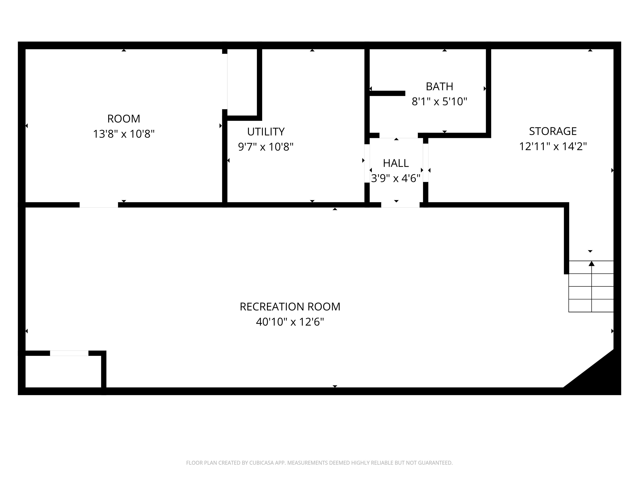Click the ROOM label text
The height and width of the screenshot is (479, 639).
click(x=124, y=119)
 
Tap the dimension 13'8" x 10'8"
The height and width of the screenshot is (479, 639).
click(x=124, y=134)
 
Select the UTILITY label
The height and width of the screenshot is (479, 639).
click(x=266, y=132)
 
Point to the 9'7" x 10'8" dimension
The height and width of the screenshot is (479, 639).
click(x=266, y=147)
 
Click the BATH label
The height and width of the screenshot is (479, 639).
click(x=439, y=86)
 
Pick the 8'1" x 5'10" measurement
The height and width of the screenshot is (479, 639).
click(x=439, y=102)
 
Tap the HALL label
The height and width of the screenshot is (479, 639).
click(x=396, y=163)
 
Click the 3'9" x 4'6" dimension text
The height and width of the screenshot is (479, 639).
click(x=396, y=178)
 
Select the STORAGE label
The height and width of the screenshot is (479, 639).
click(x=553, y=131)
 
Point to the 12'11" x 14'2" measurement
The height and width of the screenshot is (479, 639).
click(x=553, y=146)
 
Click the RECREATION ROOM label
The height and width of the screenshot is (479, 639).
click(x=290, y=307)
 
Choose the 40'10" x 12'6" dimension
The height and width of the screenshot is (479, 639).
click(x=290, y=322)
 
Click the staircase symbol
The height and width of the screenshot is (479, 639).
click(x=591, y=286)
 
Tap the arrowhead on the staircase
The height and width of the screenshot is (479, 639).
click(x=592, y=264)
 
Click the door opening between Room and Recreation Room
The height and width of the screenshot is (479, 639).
click(x=99, y=205)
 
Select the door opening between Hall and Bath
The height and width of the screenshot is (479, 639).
click(x=399, y=135)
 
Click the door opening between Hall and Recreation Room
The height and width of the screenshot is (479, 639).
click(x=400, y=205)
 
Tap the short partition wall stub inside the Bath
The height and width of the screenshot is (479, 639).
click(x=387, y=93)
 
